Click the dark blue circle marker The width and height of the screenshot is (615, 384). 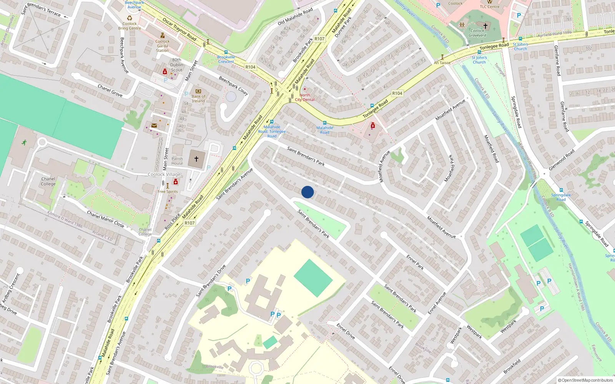coord(307,192)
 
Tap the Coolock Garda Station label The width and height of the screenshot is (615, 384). coord(162,46)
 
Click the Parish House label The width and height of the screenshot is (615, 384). coord(177,161)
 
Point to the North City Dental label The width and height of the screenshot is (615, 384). coord(305,97)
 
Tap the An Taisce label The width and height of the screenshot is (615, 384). coord(442,63)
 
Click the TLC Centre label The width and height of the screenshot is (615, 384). coord(490,7)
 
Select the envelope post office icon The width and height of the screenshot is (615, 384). coord(154,126)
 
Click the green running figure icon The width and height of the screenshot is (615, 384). coord(24,142)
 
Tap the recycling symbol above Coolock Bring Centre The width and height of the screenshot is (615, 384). coord(130,18)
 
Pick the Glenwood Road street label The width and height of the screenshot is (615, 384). coord(562,160)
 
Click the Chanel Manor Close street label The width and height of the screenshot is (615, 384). coord(105,219)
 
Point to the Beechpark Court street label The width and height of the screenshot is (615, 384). coord(233,86)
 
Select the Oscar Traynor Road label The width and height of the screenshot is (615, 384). coord(180,29)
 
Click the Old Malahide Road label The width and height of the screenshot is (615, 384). coord(295,17)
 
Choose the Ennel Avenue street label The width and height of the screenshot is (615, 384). coord(437,303)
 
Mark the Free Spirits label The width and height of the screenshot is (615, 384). coord(168,191)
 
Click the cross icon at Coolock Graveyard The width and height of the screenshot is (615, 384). coord(485,26)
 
